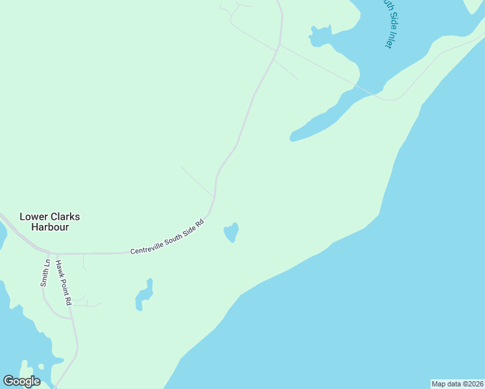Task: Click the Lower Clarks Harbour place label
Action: (49, 222)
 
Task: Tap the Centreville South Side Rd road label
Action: (167, 237)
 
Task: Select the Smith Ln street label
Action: (45, 273)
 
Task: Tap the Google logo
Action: (21, 381)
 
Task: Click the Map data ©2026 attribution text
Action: (457, 384)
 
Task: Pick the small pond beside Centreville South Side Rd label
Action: (231, 232)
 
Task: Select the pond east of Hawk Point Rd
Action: (144, 295)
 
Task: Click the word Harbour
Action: (49, 228)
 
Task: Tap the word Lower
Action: (32, 217)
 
